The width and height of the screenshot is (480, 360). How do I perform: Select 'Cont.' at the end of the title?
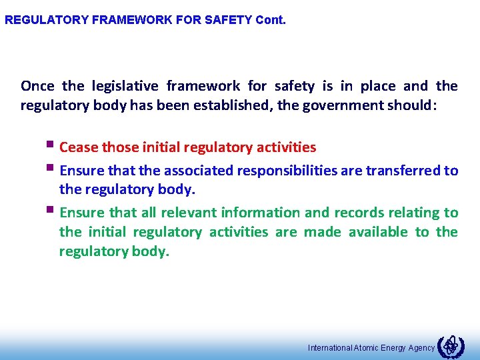271,20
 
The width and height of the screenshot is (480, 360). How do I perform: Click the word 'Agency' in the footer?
420,348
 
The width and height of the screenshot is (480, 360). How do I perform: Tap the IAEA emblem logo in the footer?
451,345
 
